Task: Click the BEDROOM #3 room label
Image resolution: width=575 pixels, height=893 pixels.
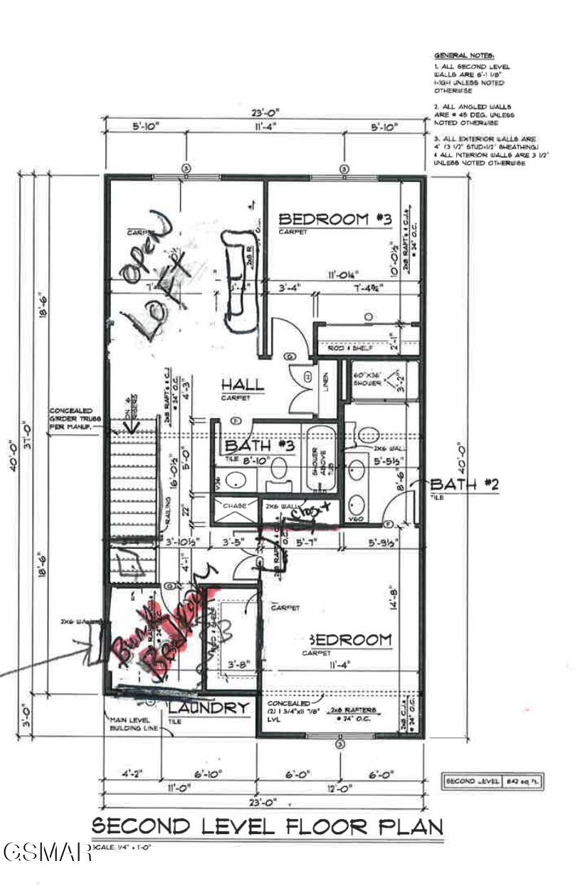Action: coord(334,219)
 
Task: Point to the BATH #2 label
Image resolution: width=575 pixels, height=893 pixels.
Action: coord(465,484)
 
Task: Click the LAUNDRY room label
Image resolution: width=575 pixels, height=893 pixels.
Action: coord(209,707)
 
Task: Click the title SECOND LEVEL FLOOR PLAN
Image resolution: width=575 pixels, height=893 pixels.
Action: coord(268,826)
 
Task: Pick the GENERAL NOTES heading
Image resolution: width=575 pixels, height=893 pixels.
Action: coord(464,55)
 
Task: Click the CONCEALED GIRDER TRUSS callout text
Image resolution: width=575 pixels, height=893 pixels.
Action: coord(78,420)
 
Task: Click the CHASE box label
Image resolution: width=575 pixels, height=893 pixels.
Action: coord(236,506)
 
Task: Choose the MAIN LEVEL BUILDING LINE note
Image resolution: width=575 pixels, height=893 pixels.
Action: coord(130,724)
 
